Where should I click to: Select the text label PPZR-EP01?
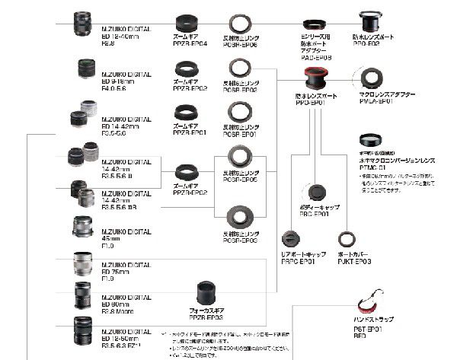[x=190, y=132]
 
